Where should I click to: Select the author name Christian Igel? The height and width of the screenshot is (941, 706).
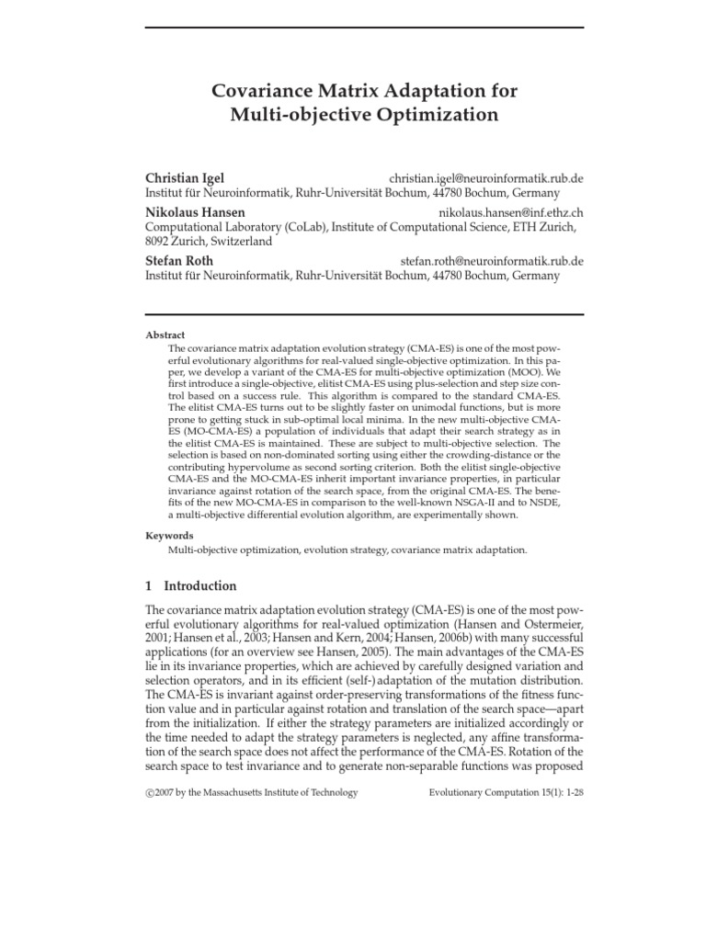coord(185,177)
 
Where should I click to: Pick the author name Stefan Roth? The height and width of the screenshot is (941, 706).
coord(179,260)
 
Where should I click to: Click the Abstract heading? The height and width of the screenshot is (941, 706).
coord(165,336)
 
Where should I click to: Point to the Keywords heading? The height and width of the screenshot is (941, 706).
coord(170,535)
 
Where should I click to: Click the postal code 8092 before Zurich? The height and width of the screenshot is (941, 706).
coord(162,242)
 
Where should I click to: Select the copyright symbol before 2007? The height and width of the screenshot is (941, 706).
coord(150,792)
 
